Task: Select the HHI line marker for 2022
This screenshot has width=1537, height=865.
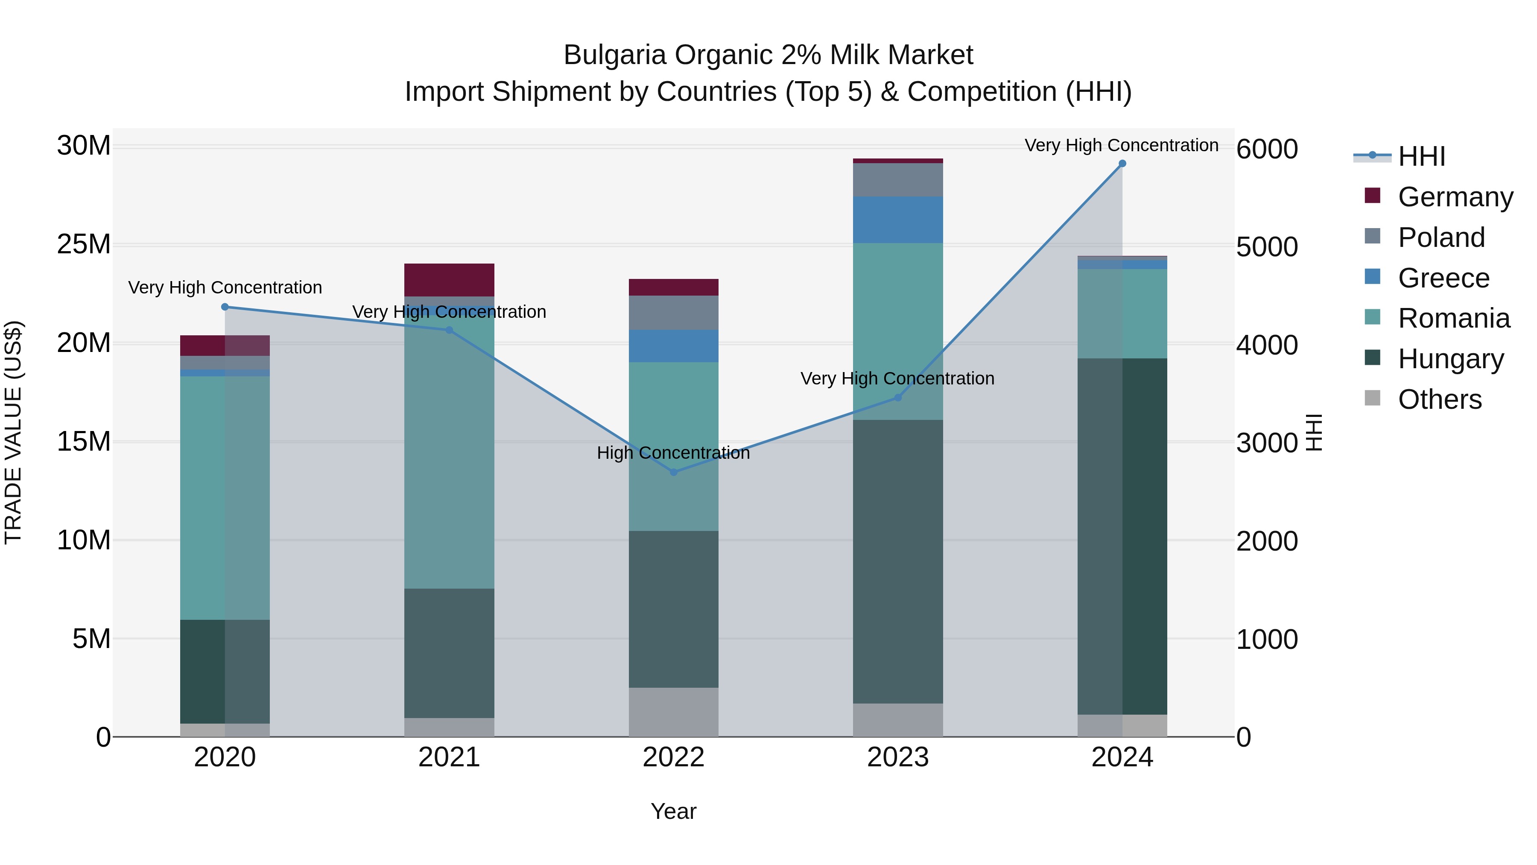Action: (674, 472)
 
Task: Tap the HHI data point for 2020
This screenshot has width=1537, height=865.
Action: (225, 307)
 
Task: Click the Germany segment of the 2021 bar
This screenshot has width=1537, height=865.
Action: (449, 279)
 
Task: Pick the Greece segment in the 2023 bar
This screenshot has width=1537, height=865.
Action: (897, 220)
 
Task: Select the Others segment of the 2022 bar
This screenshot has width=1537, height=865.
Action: (674, 712)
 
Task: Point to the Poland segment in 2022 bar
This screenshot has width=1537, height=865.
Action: (674, 312)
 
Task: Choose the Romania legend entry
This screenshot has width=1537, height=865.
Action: (1453, 318)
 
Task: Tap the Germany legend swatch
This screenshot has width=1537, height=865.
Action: (1372, 196)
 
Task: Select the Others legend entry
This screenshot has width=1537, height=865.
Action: (1439, 399)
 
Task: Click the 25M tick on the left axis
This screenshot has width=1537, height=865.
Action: (84, 244)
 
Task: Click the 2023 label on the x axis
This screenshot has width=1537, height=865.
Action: (897, 757)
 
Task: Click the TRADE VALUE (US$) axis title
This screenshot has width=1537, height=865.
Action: (13, 432)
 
